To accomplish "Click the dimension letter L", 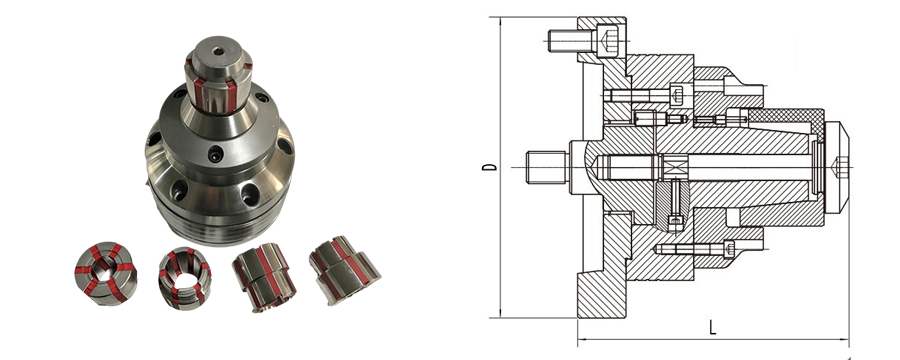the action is pos(712,327).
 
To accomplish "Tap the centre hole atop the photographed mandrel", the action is pos(218,51).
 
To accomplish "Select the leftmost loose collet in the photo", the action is pos(106,273).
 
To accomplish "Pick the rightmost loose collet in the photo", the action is pos(344,270).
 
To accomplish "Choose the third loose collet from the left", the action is pos(263,277).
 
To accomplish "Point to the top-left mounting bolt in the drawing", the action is pos(583,40).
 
